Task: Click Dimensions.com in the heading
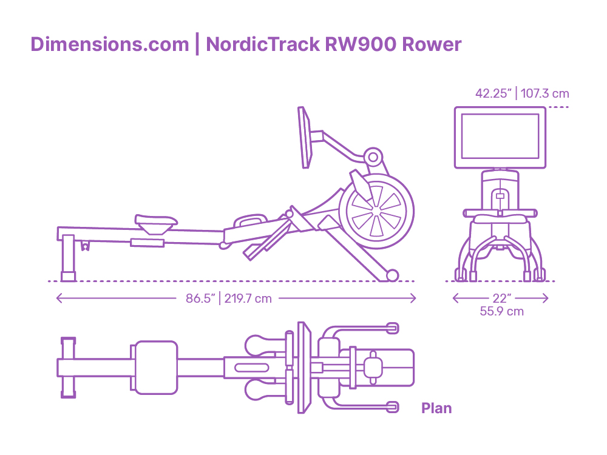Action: click(x=109, y=44)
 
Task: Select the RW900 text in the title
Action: click(x=361, y=44)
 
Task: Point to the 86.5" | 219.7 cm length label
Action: click(x=228, y=298)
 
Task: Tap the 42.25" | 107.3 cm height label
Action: click(x=522, y=93)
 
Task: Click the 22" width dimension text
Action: click(x=502, y=298)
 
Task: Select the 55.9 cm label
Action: click(x=502, y=311)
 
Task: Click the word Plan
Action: click(x=436, y=408)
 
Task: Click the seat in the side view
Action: click(x=155, y=224)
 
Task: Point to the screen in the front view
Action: click(x=500, y=137)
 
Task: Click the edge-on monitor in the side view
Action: click(x=305, y=137)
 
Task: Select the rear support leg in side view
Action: click(x=68, y=257)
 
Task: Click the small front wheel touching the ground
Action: click(x=392, y=275)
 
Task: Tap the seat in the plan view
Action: click(x=157, y=368)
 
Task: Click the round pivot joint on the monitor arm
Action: click(x=373, y=157)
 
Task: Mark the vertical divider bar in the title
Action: click(x=197, y=44)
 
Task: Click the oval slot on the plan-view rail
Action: click(x=251, y=368)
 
